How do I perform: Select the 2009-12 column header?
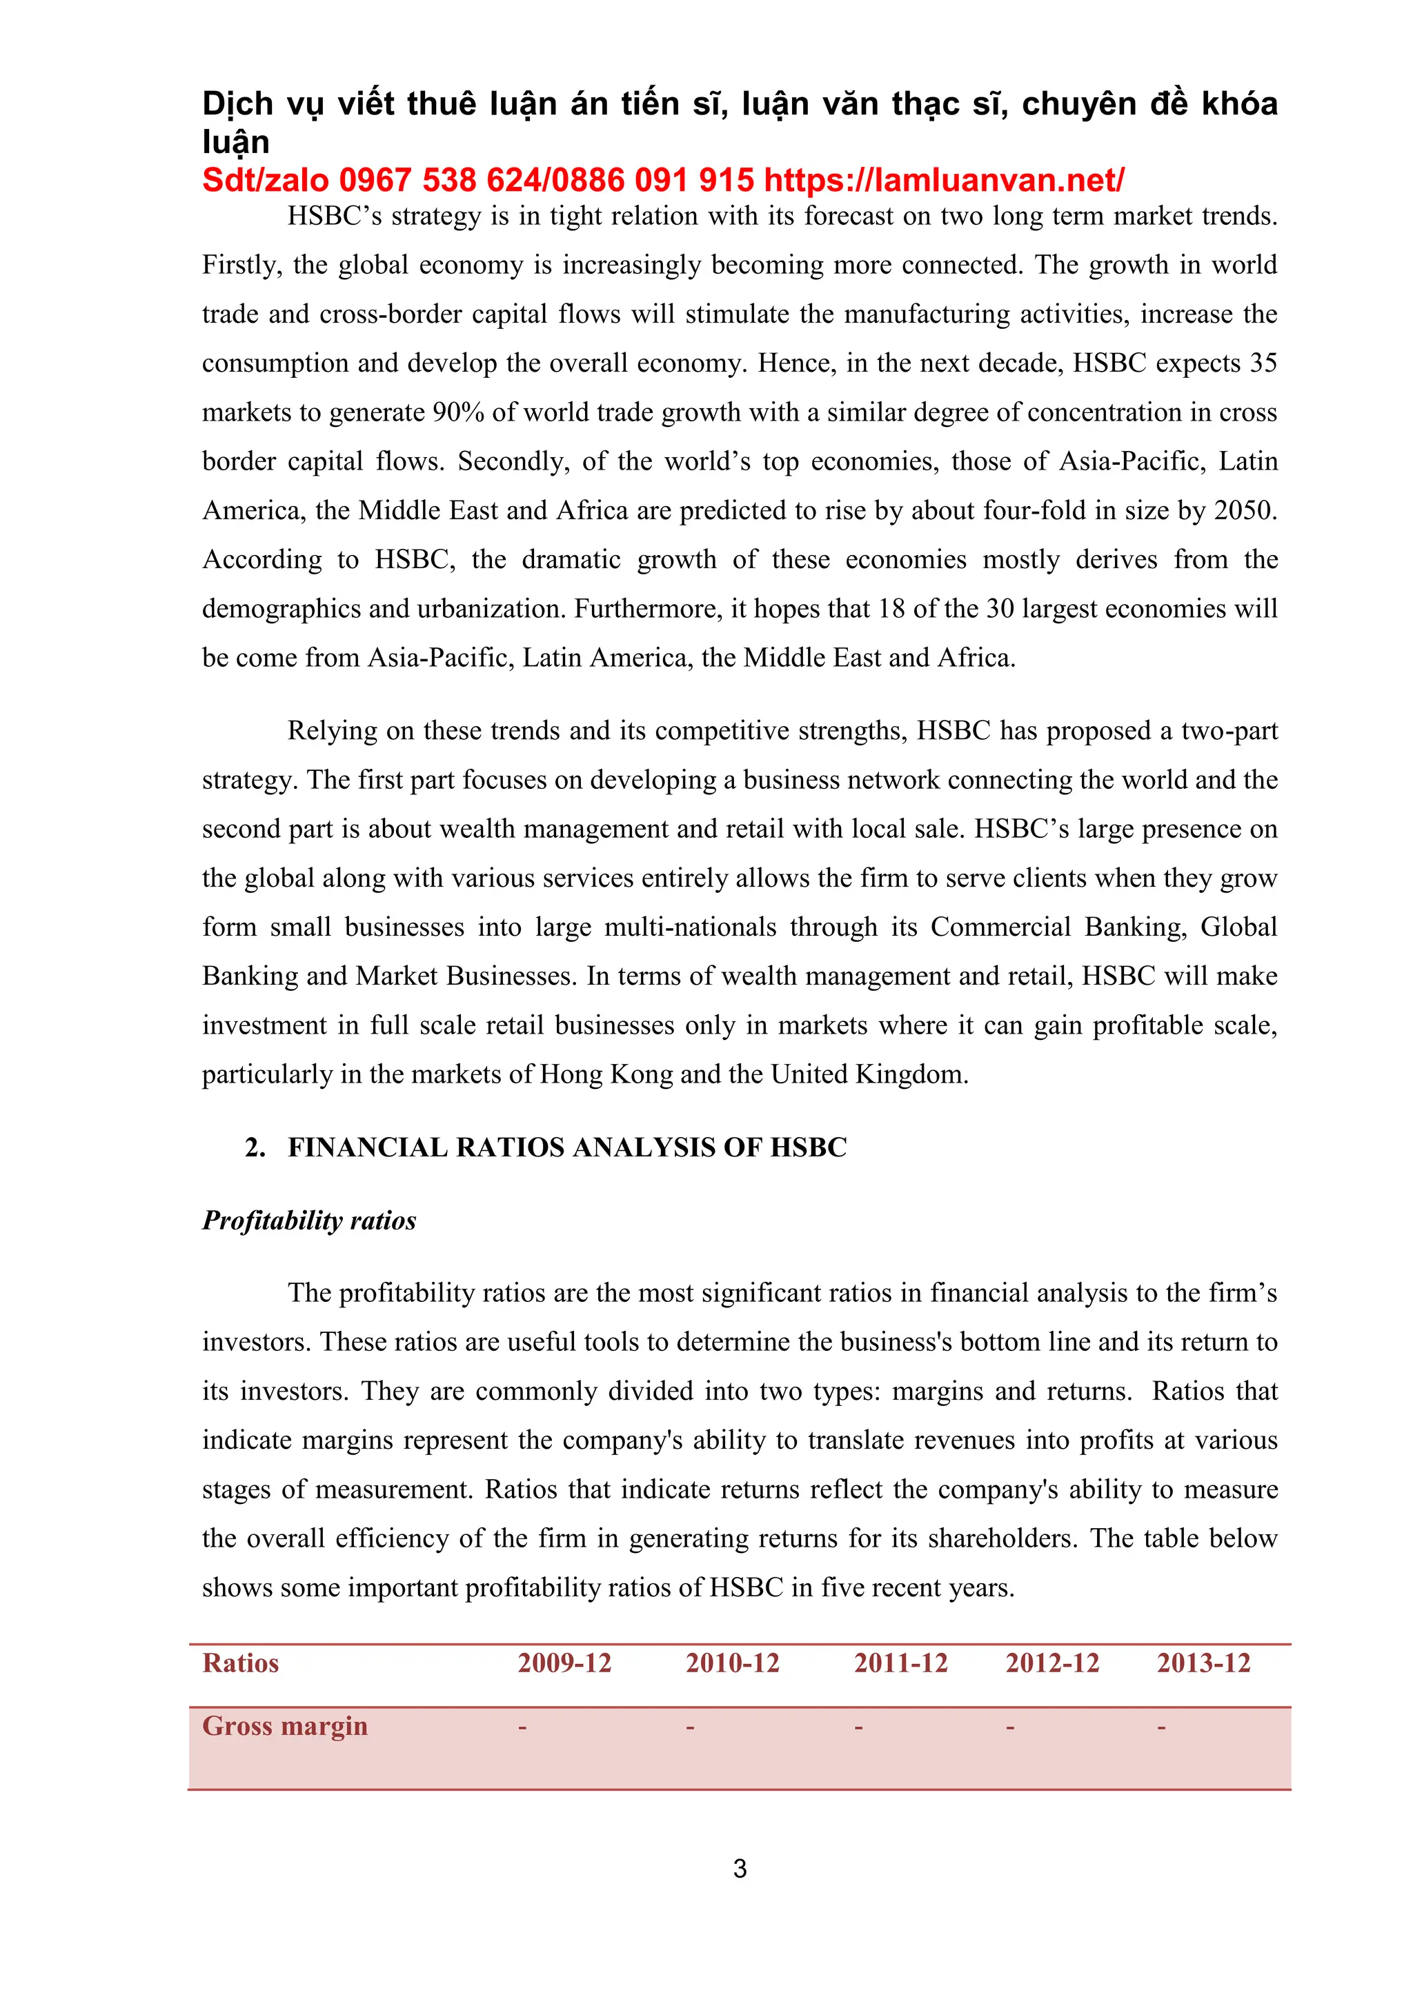(x=564, y=1663)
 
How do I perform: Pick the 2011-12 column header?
(x=900, y=1663)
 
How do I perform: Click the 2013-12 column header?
(x=1203, y=1663)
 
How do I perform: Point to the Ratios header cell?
(x=240, y=1663)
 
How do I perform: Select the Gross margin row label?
(x=284, y=1725)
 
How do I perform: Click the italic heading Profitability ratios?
(x=309, y=1221)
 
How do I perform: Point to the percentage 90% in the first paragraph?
(x=459, y=412)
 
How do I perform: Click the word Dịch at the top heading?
(x=237, y=104)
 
